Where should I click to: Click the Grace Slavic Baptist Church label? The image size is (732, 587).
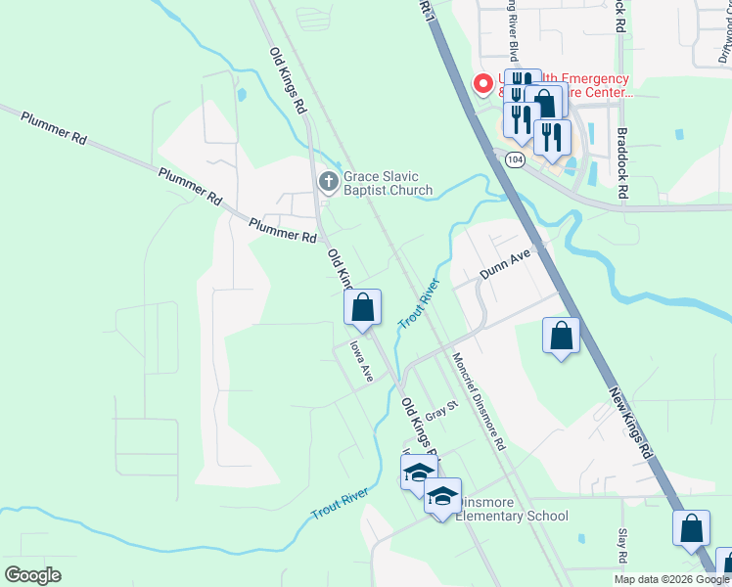coord(388,183)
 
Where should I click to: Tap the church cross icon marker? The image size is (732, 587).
coord(329,181)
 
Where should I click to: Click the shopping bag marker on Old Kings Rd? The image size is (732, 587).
coord(362,307)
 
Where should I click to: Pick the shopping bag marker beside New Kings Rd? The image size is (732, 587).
coord(561,336)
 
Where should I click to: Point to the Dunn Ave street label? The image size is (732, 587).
coord(504,261)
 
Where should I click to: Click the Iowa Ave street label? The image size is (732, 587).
coord(362,362)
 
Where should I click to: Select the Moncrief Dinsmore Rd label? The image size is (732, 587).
coord(479,401)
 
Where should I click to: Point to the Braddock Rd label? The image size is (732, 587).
coord(620,162)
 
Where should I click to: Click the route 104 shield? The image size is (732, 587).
coord(516,158)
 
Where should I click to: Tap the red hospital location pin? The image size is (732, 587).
coord(482,85)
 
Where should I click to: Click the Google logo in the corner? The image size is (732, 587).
coord(33,575)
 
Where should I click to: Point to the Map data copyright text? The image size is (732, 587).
coord(671,579)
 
